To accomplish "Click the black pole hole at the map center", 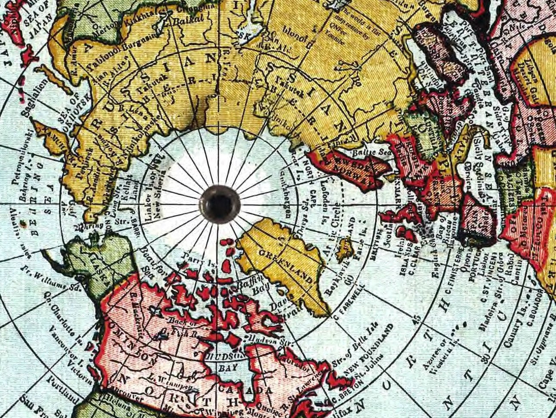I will pyautogui.click(x=219, y=204).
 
